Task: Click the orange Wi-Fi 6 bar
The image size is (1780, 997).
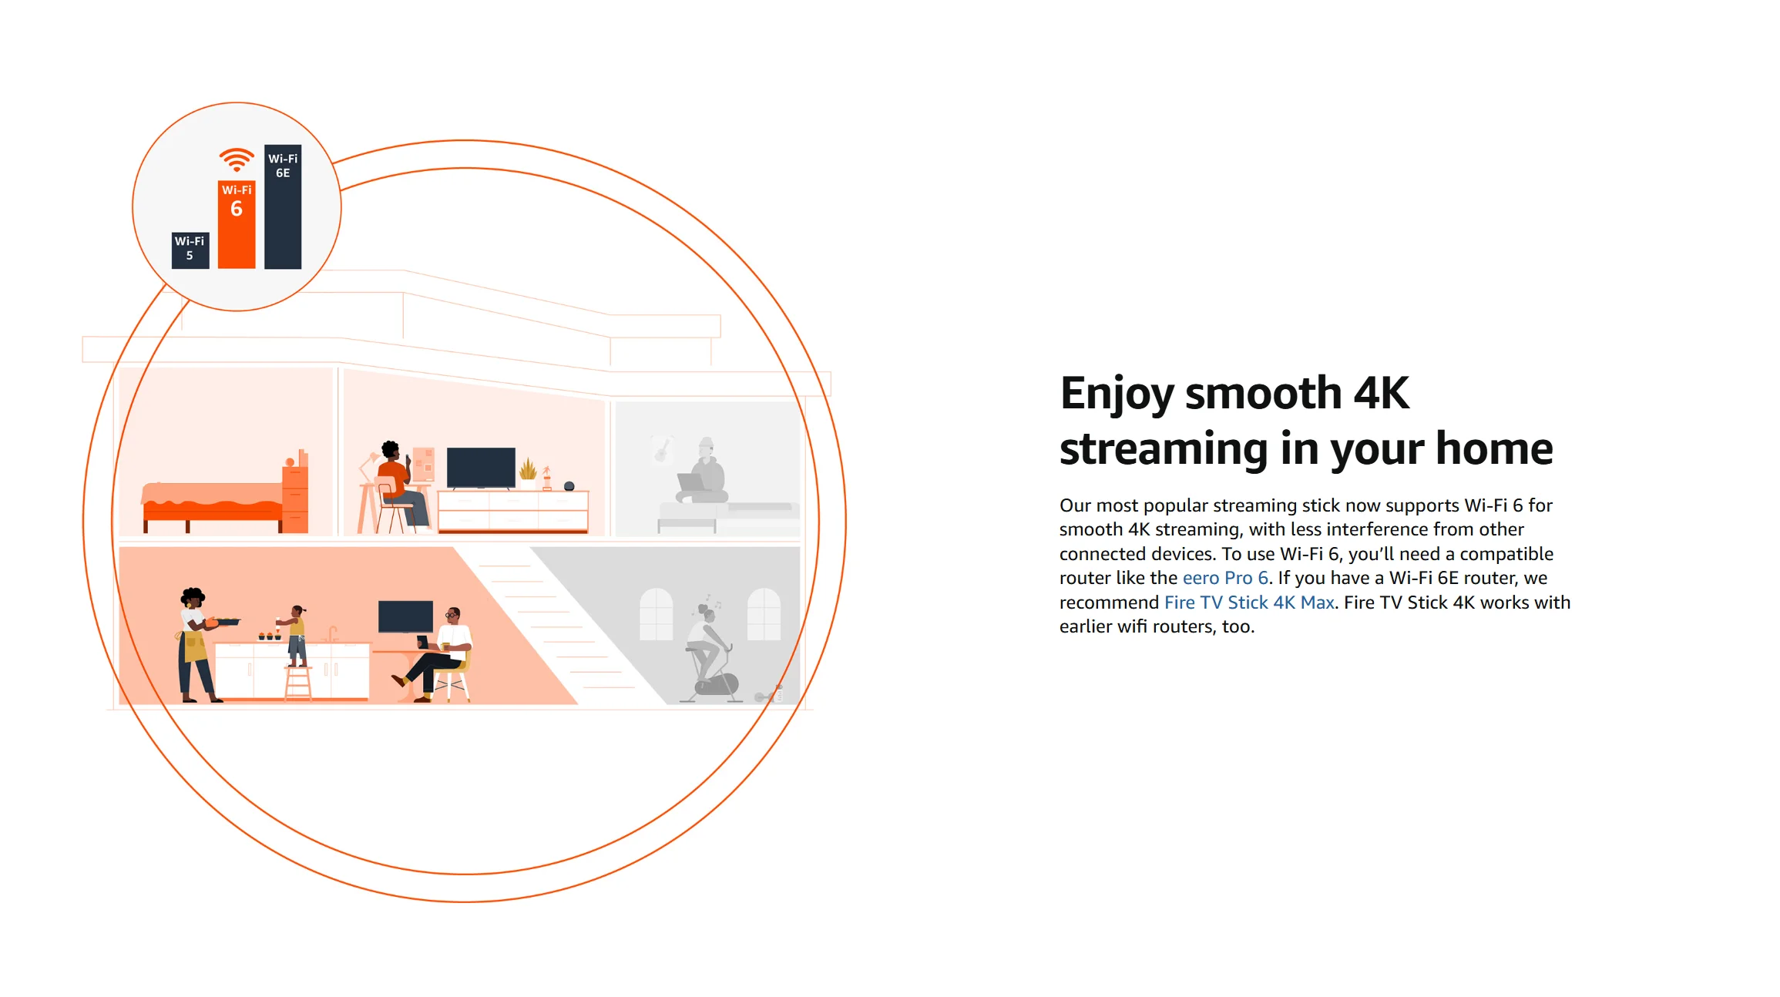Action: pos(237,224)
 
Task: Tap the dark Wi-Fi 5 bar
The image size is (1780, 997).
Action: pos(190,250)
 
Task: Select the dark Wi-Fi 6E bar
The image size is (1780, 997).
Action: pos(283,206)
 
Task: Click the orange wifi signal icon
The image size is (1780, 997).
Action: pos(237,159)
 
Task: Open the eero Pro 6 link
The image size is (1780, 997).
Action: pos(1225,578)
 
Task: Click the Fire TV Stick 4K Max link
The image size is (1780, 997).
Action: pos(1249,603)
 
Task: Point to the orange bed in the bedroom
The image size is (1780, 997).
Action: pos(213,505)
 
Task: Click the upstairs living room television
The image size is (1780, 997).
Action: pos(481,467)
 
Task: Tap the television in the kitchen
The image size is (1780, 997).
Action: pos(405,616)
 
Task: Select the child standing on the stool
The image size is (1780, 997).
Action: pos(295,636)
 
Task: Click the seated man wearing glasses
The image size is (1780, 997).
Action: pos(438,655)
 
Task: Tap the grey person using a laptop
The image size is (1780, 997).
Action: pos(703,474)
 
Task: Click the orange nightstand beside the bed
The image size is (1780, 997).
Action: pos(295,497)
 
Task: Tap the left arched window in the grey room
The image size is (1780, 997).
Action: pos(657,614)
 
